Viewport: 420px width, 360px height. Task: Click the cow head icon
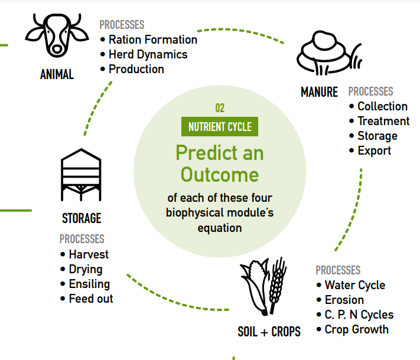tap(57, 35)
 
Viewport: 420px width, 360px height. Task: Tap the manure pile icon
tap(329, 53)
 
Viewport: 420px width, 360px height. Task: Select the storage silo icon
tap(81, 175)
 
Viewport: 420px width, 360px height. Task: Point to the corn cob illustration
tap(255, 286)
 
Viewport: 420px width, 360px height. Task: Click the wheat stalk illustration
tap(278, 285)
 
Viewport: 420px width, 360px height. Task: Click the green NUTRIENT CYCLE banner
tap(220, 127)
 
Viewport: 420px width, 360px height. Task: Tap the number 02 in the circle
tap(220, 108)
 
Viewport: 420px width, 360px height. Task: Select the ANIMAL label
tap(57, 74)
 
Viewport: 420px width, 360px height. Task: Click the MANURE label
tap(319, 92)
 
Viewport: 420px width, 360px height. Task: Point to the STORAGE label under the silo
tap(82, 218)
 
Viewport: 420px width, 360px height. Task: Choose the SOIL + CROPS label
tap(269, 332)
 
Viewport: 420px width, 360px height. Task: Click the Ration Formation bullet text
tap(153, 40)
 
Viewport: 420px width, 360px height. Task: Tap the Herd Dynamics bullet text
tap(148, 55)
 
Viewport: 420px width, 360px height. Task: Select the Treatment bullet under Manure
tap(383, 121)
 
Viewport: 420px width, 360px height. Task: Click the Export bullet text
tap(375, 150)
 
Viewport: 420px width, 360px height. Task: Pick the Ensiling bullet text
tap(89, 284)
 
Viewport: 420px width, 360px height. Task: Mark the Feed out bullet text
tap(91, 299)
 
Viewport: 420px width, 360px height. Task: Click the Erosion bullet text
tap(344, 300)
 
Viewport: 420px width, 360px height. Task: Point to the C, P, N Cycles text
tap(359, 315)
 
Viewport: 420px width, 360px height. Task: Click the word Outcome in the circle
tap(220, 175)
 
